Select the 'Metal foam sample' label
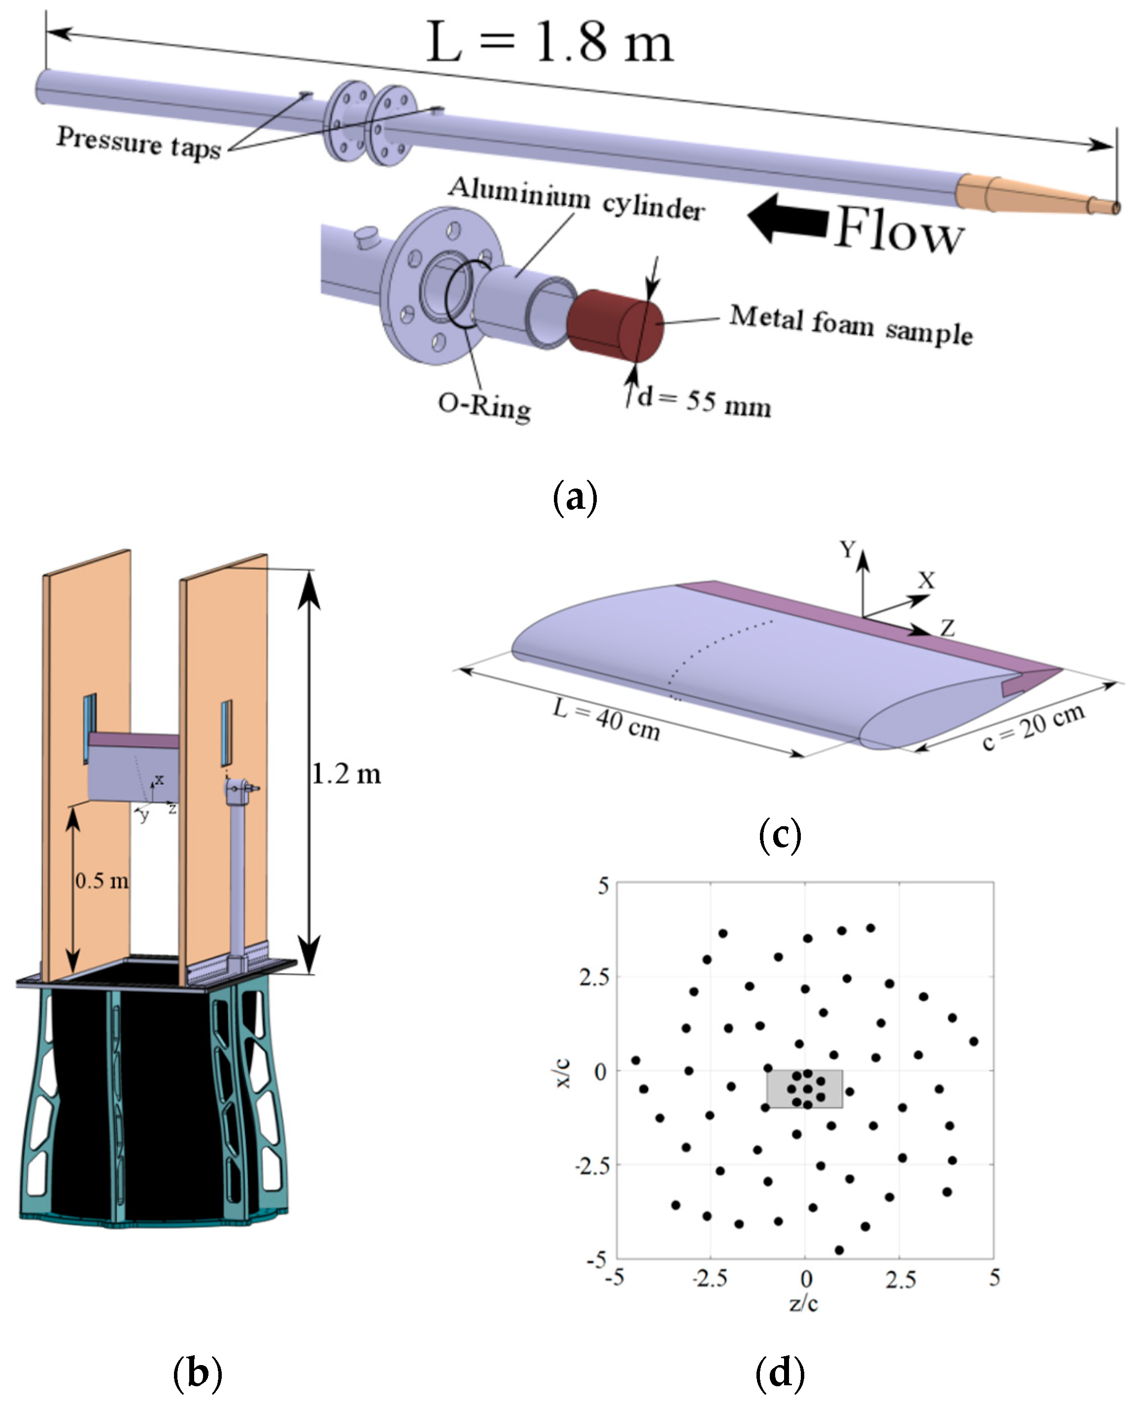pyautogui.click(x=851, y=324)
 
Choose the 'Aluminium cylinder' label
pyautogui.click(x=577, y=198)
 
